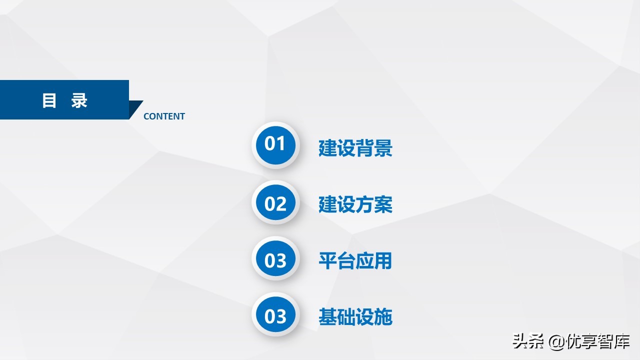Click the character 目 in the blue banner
click(x=49, y=100)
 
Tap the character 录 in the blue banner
click(x=79, y=100)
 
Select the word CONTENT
click(x=164, y=116)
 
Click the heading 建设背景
click(x=355, y=148)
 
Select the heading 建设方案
click(x=355, y=204)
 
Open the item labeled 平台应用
click(x=355, y=260)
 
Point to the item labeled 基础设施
click(x=355, y=317)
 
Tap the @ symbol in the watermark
click(x=557, y=342)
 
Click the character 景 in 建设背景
click(x=383, y=148)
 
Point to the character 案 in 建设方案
click(x=383, y=204)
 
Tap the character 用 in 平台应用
click(x=383, y=260)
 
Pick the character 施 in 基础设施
click(x=383, y=317)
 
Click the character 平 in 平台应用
click(x=328, y=260)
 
